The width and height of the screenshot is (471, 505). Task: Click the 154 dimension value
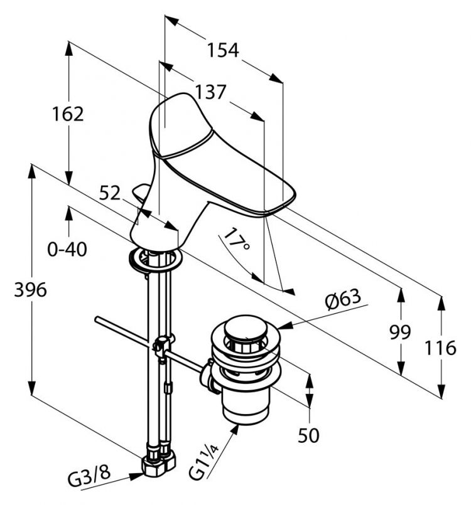click(x=224, y=50)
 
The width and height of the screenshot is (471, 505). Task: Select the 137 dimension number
click(x=210, y=92)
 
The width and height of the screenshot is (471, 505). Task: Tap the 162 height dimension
click(x=68, y=114)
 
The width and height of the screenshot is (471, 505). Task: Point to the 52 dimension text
click(x=110, y=194)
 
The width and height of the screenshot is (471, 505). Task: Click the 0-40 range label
click(x=67, y=249)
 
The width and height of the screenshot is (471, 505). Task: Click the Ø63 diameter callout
click(x=344, y=298)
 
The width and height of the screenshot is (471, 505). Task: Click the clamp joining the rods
click(x=161, y=346)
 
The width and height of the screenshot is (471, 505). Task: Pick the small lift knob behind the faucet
click(x=142, y=191)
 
